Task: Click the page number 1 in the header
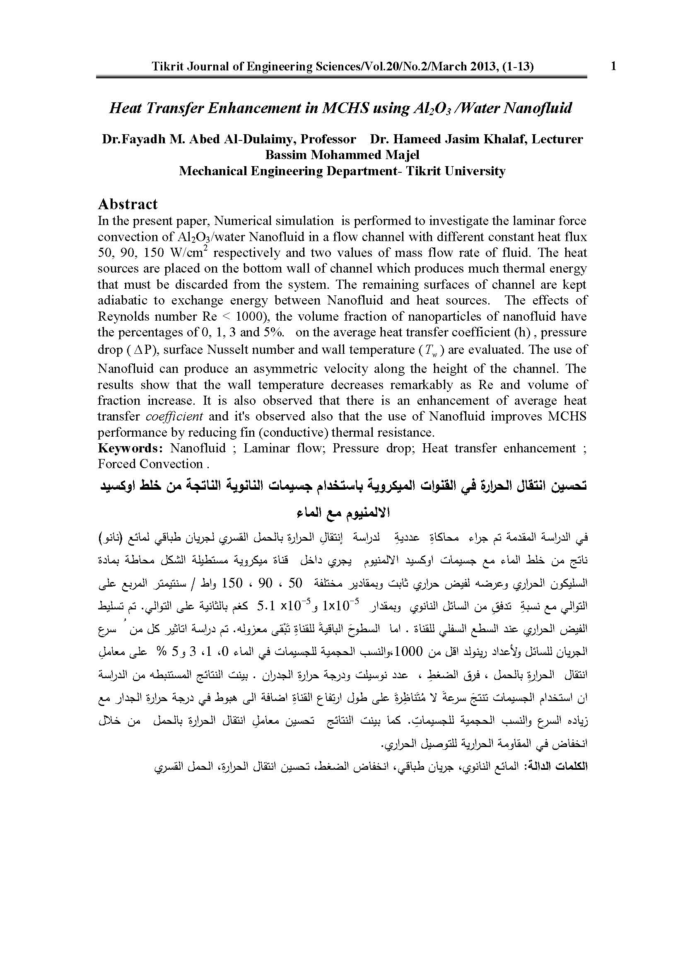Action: (x=613, y=66)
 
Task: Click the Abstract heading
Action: (x=128, y=204)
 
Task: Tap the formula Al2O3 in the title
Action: (x=434, y=109)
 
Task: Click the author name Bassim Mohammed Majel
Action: (x=342, y=155)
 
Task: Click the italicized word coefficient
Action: (x=174, y=416)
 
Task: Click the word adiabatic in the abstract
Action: (x=123, y=300)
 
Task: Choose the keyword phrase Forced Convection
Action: (x=151, y=464)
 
